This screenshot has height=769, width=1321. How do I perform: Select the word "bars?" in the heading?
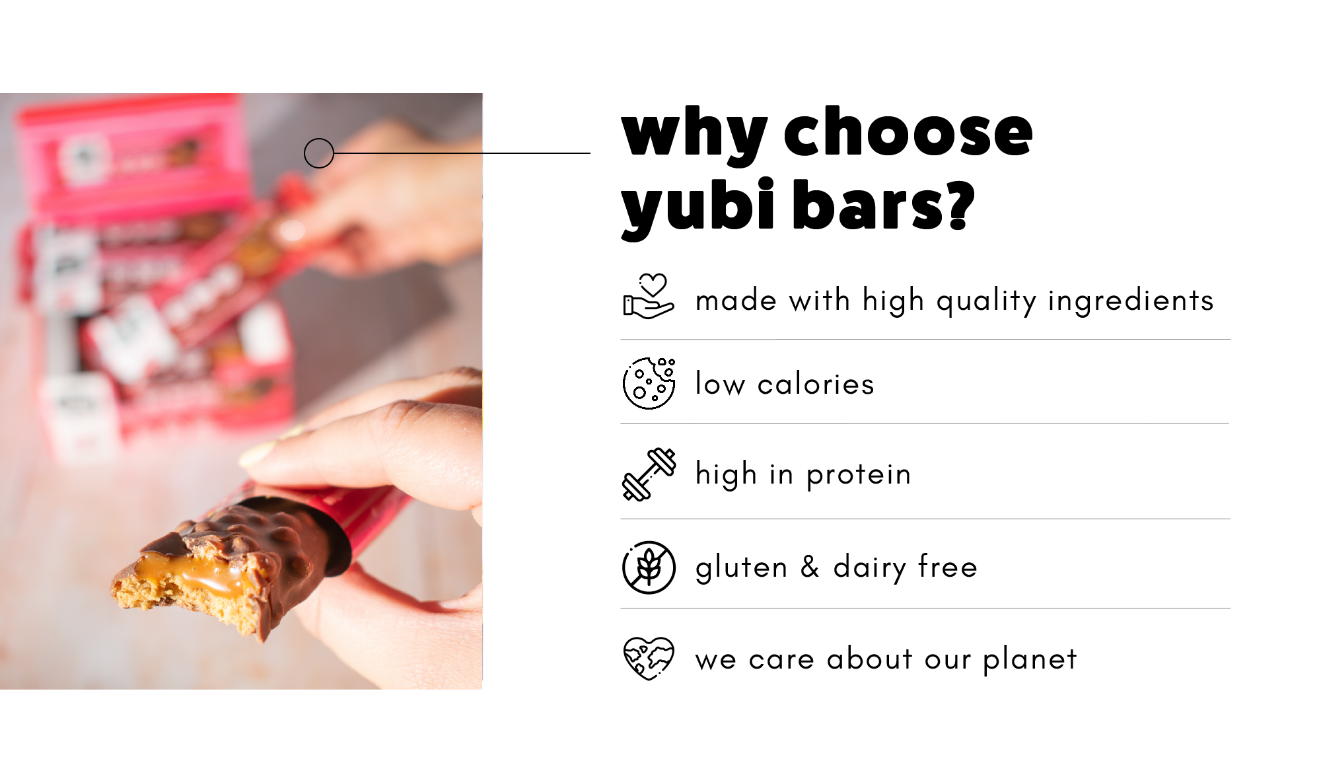coord(883,204)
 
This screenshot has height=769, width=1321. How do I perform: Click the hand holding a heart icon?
coord(649,297)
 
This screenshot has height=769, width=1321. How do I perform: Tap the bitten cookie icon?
coord(649,383)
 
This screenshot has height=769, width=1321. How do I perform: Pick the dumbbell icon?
coord(649,474)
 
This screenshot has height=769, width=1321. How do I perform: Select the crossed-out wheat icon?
coord(649,568)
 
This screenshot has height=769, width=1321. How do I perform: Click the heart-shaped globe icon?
coord(649,658)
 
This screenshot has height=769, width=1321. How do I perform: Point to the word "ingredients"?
coord(1131,301)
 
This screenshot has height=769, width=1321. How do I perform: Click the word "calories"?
coord(816,384)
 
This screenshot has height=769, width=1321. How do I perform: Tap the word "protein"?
coord(859,475)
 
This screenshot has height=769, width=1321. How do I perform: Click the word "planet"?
coord(1030,659)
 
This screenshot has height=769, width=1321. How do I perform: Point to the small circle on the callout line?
coord(319,153)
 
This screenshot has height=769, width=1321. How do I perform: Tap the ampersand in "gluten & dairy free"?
coord(810,567)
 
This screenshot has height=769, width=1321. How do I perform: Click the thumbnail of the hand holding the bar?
coord(241,391)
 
